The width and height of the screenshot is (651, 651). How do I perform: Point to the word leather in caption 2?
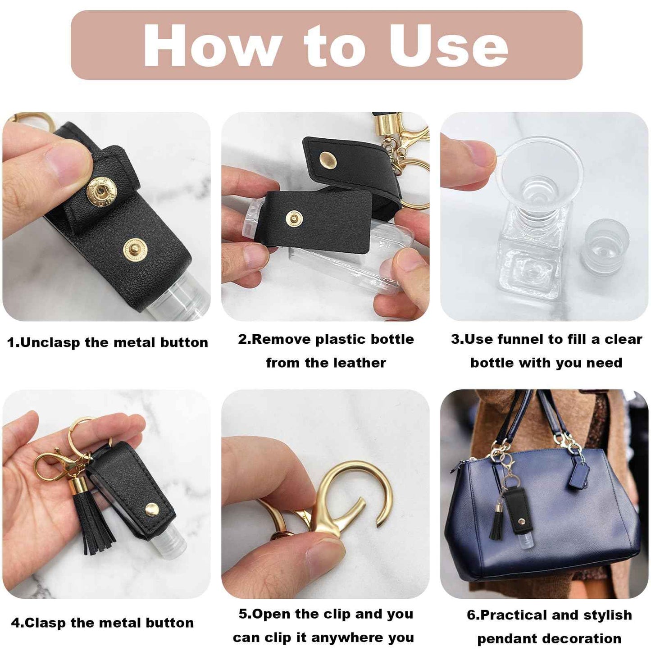[360, 363]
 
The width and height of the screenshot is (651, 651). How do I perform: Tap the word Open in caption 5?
[272, 614]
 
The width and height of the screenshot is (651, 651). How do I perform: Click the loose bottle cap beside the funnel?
[604, 246]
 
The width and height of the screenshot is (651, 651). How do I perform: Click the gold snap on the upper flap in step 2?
[328, 158]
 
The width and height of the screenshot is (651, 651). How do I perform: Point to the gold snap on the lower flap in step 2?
[294, 219]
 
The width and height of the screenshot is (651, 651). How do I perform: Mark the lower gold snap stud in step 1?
[134, 249]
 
